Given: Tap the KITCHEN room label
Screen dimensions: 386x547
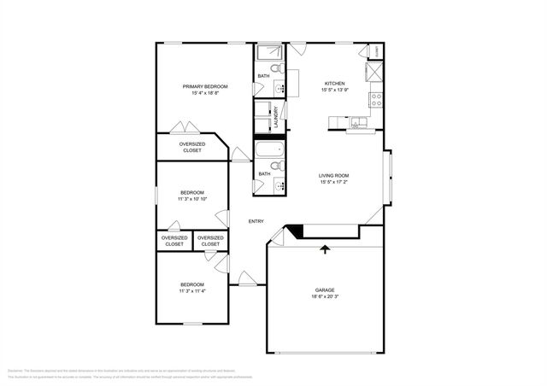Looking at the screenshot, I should coord(334,83).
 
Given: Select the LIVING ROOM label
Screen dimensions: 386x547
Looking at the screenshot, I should coord(334,175).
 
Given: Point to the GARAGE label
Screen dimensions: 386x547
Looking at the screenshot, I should coord(324,290).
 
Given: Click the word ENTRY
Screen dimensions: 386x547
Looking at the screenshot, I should coord(256,221).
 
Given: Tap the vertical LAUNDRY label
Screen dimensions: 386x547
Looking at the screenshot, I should coord(287,117).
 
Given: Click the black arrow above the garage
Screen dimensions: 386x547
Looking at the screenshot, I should coord(324,249).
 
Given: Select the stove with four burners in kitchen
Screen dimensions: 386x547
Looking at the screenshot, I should coord(374,101).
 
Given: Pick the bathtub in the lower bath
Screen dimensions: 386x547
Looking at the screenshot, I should coord(270,152).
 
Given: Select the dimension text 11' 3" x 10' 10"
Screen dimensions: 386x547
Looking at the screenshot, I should coord(192,199).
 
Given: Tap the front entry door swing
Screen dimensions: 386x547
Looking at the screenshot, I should coord(246,278).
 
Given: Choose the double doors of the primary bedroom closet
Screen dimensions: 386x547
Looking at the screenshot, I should coord(185,128).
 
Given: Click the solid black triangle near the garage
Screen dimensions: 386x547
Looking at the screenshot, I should coord(293,231).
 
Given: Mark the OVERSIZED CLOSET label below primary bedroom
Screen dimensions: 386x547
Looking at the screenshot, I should coord(192,147).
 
